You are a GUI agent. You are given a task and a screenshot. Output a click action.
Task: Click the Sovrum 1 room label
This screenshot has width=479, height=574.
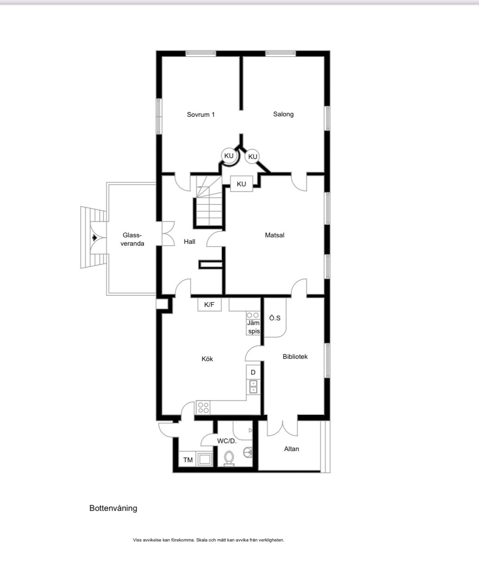click(x=201, y=115)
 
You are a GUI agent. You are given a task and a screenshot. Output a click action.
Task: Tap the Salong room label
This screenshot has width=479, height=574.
click(x=283, y=114)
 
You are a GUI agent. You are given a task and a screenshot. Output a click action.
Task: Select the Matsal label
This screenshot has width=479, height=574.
click(x=275, y=235)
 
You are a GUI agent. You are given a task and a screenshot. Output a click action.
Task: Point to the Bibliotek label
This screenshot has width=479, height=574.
click(x=295, y=357)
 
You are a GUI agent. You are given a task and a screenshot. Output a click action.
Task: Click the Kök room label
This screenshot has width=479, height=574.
click(x=207, y=359)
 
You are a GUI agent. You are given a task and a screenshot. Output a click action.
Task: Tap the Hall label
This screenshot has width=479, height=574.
click(x=190, y=242)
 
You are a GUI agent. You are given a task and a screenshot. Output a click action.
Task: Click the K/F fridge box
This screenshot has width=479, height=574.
click(x=209, y=305)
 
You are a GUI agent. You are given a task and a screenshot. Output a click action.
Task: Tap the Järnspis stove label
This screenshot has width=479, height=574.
click(x=253, y=327)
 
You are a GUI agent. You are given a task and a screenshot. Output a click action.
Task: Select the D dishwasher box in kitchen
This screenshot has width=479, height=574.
click(x=253, y=372)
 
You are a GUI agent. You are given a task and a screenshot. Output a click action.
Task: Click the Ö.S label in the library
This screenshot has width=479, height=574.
click(x=275, y=318)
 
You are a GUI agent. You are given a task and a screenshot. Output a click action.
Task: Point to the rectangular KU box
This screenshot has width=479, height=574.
click(x=242, y=184)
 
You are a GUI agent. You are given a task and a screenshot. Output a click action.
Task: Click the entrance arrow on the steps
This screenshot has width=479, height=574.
click(x=95, y=237)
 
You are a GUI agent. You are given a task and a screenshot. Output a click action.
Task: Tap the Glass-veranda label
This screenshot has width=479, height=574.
click(x=132, y=239)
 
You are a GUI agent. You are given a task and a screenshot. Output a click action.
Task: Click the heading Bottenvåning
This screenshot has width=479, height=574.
click(x=113, y=508)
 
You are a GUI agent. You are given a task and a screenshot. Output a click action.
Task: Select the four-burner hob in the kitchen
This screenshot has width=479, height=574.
click(x=203, y=408)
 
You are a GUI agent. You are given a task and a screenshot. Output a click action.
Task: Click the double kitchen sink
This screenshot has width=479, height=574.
click(x=253, y=387)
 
